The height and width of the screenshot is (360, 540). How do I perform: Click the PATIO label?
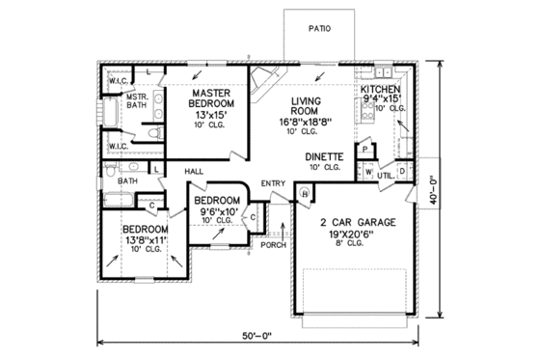[320, 29]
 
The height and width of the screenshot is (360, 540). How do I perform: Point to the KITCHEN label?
[381, 89]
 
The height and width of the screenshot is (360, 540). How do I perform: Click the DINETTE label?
[325, 155]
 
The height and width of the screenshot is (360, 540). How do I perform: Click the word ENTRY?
[273, 183]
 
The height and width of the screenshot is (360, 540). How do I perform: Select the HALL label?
[194, 171]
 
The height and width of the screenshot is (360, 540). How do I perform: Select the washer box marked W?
[369, 172]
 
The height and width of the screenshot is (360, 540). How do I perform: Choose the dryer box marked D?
[401, 171]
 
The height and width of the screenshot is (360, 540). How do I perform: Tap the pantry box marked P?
[364, 150]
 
